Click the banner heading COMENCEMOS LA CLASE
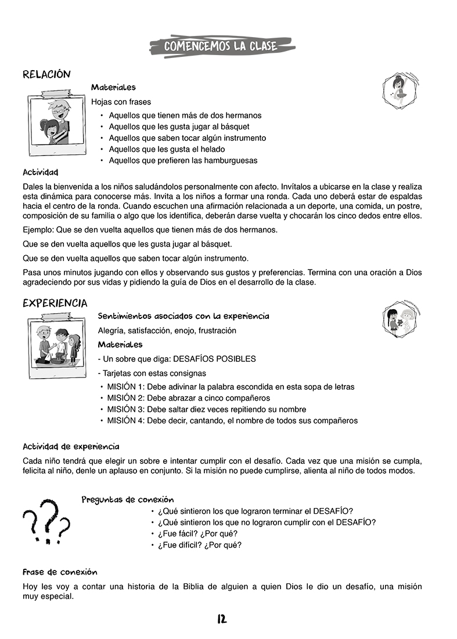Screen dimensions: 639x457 [x=221, y=46]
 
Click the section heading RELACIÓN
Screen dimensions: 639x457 [x=46, y=74]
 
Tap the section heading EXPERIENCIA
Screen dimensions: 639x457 [x=55, y=303]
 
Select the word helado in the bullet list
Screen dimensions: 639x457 [x=213, y=149]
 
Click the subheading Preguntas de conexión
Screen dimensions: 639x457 [x=127, y=500]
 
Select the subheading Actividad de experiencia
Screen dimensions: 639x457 [x=71, y=446]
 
